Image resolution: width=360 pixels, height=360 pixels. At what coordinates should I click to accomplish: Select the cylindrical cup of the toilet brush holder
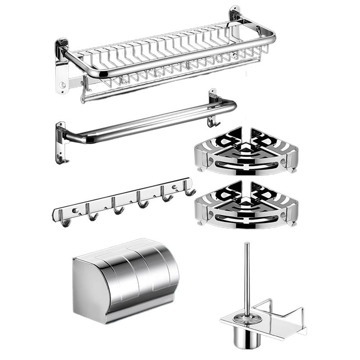pyautogui.click(x=246, y=335)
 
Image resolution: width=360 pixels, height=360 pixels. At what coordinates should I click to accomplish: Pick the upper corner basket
pyautogui.click(x=246, y=153)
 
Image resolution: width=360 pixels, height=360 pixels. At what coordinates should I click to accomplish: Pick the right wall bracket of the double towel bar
pyautogui.click(x=212, y=101)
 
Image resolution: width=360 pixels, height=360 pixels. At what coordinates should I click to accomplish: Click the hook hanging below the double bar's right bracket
pyautogui.click(x=212, y=121)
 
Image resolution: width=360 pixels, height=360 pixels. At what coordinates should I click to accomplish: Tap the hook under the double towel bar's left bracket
pyautogui.click(x=61, y=158)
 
